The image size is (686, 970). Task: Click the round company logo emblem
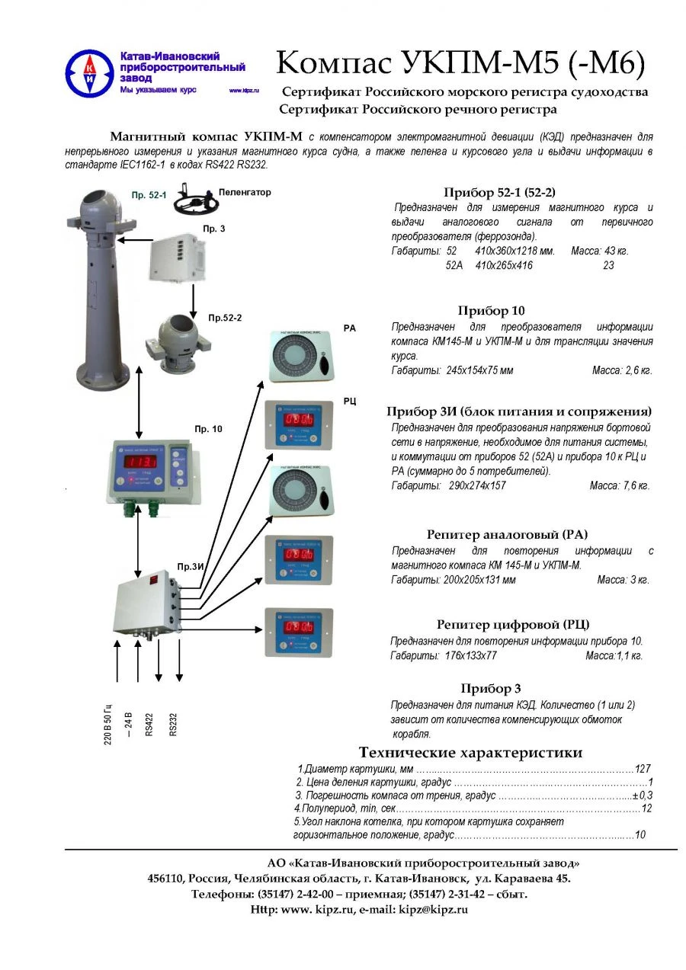89,73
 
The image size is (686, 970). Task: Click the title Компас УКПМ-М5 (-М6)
460,63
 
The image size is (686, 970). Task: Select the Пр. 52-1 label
149,196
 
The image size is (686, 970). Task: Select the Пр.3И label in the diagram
191,566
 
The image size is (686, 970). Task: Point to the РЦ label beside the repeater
350,401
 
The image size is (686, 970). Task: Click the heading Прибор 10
491,310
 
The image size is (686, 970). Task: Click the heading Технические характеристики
470,752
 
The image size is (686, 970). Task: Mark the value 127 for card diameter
643,769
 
